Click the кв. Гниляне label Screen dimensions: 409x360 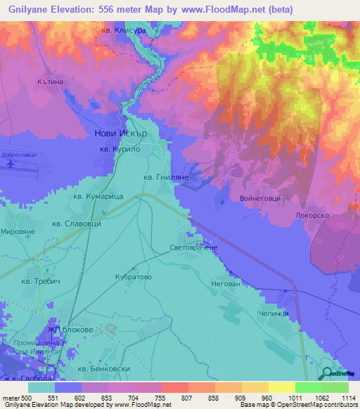pyautogui.click(x=166, y=178)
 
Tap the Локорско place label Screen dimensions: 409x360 pyautogui.click(x=314, y=216)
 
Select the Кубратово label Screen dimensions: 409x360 pyautogui.click(x=134, y=277)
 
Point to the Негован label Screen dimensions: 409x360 pyautogui.click(x=226, y=284)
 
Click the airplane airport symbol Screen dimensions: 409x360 pyautogui.click(x=11, y=164)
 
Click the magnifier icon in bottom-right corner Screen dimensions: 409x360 pyautogui.click(x=327, y=375)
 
